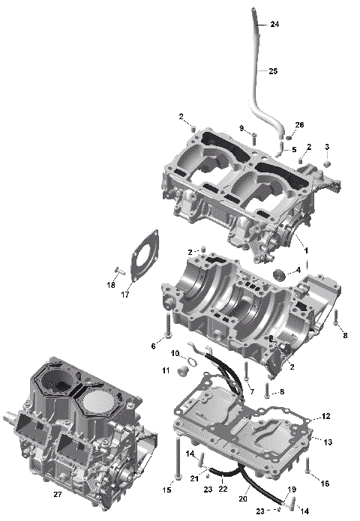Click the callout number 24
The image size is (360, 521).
[x=274, y=25]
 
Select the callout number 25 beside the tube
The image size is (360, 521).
[x=273, y=71]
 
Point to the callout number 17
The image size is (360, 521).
[x=126, y=295]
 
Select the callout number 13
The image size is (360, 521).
[x=327, y=443]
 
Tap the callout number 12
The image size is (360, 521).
[x=325, y=416]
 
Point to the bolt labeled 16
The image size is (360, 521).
[x=307, y=465]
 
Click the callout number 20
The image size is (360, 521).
[x=243, y=498]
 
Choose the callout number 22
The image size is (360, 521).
[x=222, y=489]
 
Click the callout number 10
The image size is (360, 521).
[x=174, y=353]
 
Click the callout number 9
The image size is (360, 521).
[x=241, y=129]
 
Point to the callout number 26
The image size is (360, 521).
[x=300, y=124]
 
